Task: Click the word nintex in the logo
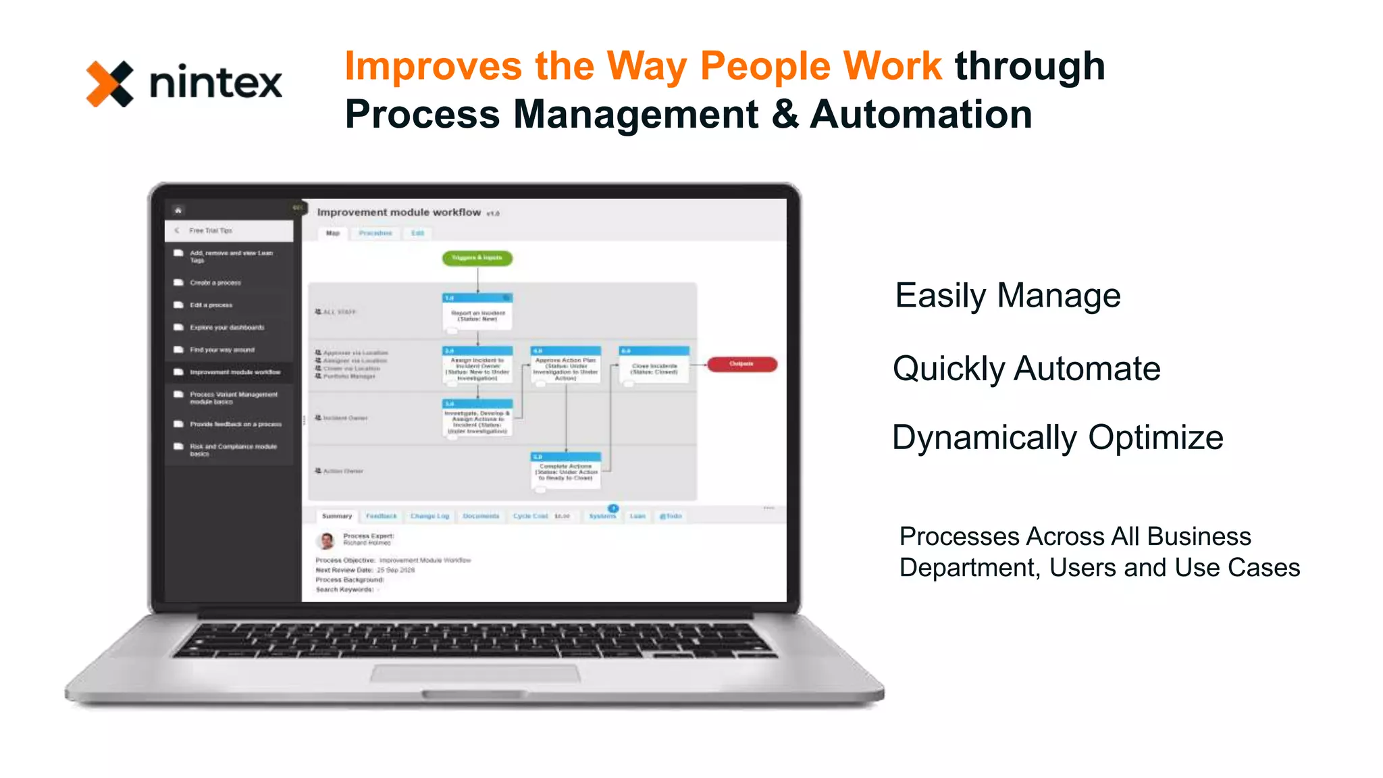pyautogui.click(x=215, y=84)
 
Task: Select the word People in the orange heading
pyautogui.click(x=765, y=66)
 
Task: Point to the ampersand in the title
pyautogui.click(x=784, y=114)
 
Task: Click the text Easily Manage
pyautogui.click(x=1008, y=296)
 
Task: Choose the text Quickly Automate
pyautogui.click(x=1026, y=369)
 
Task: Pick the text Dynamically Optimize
pyautogui.click(x=1058, y=438)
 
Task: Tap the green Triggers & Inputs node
pyautogui.click(x=477, y=258)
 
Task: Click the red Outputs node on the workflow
pyautogui.click(x=741, y=364)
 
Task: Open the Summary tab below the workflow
pyautogui.click(x=337, y=516)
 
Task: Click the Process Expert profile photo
pyautogui.click(x=328, y=540)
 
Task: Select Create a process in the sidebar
pyautogui.click(x=215, y=283)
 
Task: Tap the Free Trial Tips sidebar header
pyautogui.click(x=211, y=231)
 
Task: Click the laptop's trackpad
pyautogui.click(x=475, y=673)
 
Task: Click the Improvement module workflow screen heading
pyautogui.click(x=398, y=213)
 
